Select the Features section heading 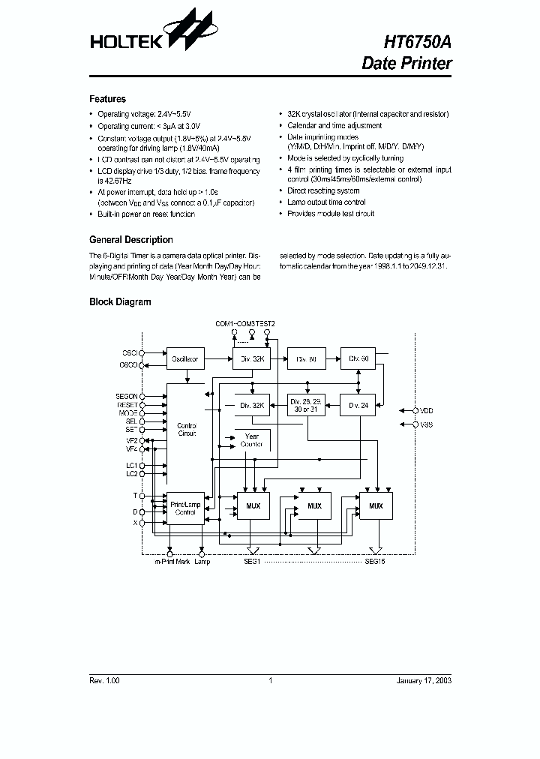pyautogui.click(x=107, y=99)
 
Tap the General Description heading pyautogui.click(x=130, y=240)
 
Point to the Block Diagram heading pyautogui.click(x=120, y=302)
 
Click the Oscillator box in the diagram pyautogui.click(x=184, y=359)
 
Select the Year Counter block pyautogui.click(x=251, y=440)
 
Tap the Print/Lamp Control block pyautogui.click(x=184, y=508)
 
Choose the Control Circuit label pyautogui.click(x=186, y=430)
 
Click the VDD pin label pyautogui.click(x=427, y=410)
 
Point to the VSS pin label pyautogui.click(x=427, y=424)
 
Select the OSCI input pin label pyautogui.click(x=130, y=352)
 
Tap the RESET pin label pyautogui.click(x=127, y=404)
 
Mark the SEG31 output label pyautogui.click(x=251, y=561)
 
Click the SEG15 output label pyautogui.click(x=374, y=561)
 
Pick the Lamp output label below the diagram pyautogui.click(x=202, y=561)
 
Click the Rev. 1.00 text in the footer pyautogui.click(x=104, y=680)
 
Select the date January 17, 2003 pyautogui.click(x=424, y=680)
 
